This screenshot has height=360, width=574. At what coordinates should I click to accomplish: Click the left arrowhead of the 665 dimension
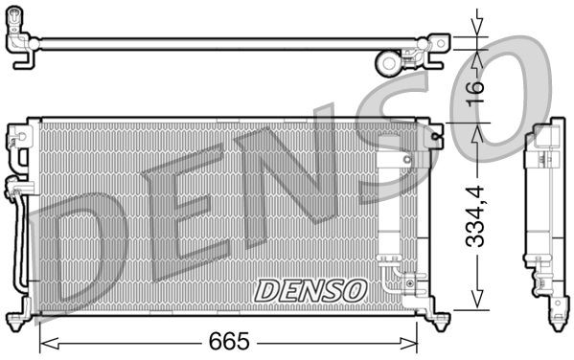pyautogui.click(x=44, y=342)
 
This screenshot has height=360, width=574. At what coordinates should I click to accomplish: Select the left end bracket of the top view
pyautogui.click(x=21, y=44)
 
